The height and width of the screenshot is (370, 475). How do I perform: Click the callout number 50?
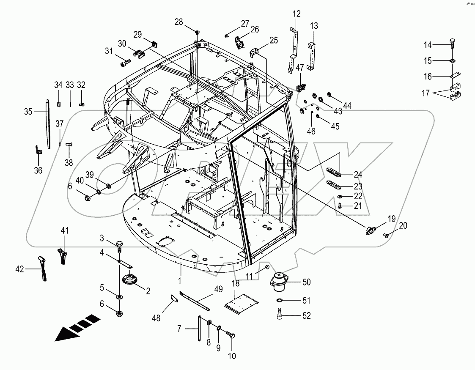[307, 281]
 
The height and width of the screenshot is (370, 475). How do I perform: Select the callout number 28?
[179, 22]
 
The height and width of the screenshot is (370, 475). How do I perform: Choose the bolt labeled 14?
[452, 44]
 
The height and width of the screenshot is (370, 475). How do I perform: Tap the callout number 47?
[299, 67]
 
